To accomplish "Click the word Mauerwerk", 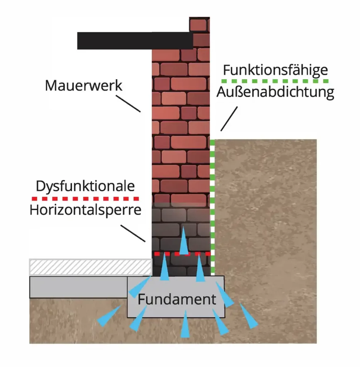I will (x=83, y=86).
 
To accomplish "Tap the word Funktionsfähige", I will (x=275, y=70).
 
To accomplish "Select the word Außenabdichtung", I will (x=275, y=92).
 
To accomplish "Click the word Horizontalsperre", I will (x=85, y=210).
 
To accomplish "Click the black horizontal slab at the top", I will (x=135, y=40).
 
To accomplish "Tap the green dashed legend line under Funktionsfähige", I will (x=275, y=80).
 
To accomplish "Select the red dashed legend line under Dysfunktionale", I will (x=85, y=198).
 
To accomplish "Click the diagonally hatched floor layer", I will (x=90, y=267).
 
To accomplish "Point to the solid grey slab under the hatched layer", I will (x=79, y=287).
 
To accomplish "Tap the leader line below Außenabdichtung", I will (x=229, y=118).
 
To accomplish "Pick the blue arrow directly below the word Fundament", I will (x=185, y=324).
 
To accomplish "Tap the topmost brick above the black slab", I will (x=198, y=25).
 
